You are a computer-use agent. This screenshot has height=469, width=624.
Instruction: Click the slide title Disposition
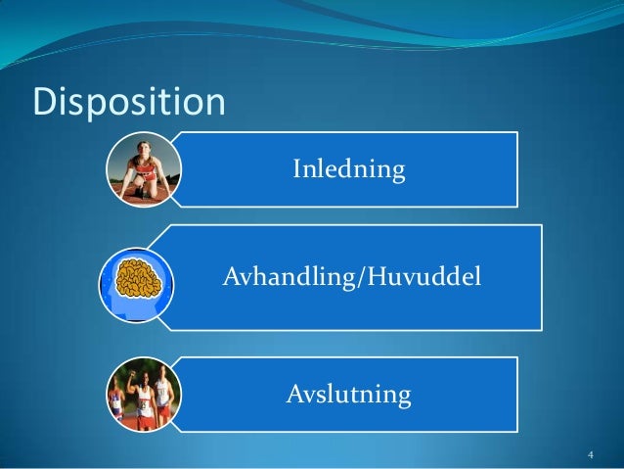129,101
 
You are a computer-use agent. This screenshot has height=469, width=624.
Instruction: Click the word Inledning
348,170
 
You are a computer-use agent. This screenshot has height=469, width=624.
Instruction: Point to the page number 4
590,454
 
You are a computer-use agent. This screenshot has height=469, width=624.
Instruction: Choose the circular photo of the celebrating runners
143,396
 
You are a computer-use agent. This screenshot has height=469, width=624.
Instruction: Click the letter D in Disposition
45,101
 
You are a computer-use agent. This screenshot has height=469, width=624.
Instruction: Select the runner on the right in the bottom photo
163,398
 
